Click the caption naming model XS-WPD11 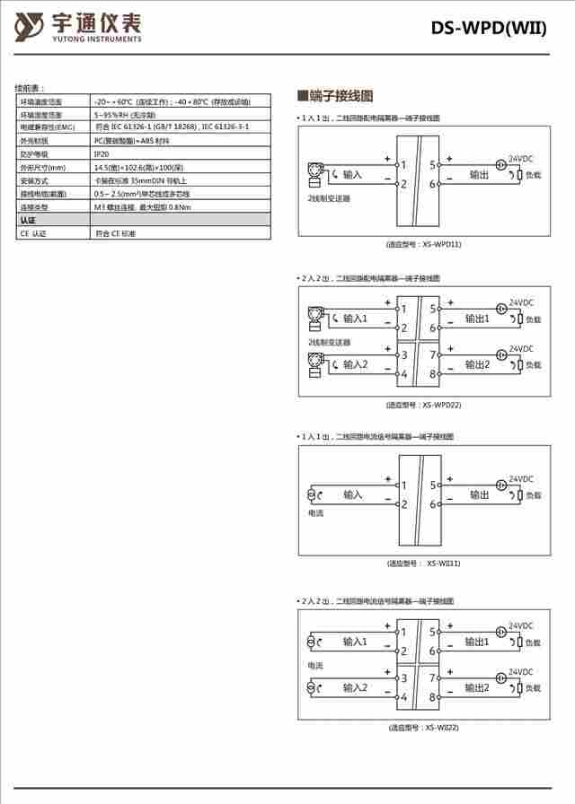tap(423, 244)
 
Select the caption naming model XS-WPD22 tap(423, 405)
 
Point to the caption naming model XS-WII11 tap(423, 564)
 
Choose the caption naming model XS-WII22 tap(423, 728)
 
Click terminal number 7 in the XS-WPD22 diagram tap(432, 356)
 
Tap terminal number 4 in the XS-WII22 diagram tap(404, 696)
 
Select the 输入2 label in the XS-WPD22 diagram tap(356, 364)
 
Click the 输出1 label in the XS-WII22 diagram tap(477, 642)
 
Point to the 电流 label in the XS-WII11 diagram tap(315, 514)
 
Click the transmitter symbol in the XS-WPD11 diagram tap(315, 170)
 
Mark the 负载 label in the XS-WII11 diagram tap(534, 494)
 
